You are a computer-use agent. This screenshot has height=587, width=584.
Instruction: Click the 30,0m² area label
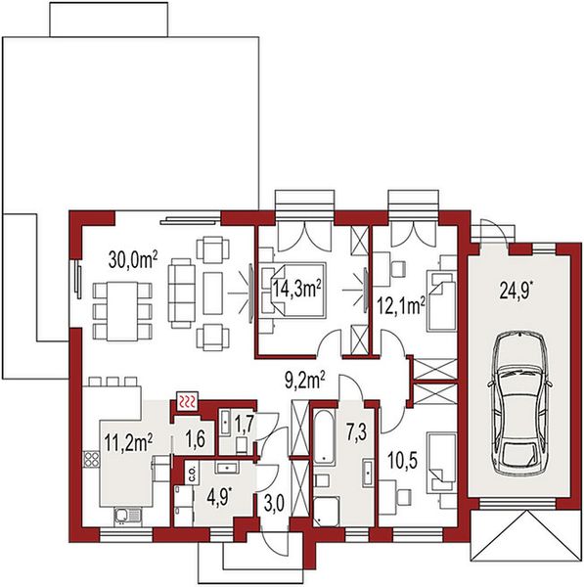click(133, 259)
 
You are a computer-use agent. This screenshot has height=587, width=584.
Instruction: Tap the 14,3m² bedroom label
click(296, 289)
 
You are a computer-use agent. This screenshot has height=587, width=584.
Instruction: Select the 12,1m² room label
click(400, 305)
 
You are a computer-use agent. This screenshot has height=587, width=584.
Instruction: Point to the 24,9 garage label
click(517, 290)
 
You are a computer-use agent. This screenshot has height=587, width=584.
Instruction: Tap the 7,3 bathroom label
click(356, 432)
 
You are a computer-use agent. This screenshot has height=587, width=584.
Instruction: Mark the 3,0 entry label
click(274, 504)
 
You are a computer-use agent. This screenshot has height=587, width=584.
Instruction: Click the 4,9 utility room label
click(218, 498)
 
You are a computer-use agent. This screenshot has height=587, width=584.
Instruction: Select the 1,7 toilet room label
click(245, 424)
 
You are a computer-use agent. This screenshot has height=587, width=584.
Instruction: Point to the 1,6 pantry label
click(196, 438)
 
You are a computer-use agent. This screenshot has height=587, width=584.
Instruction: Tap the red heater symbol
click(187, 402)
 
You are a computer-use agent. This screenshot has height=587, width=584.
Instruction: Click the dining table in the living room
click(122, 311)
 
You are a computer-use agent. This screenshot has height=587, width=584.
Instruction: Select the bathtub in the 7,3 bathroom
click(324, 437)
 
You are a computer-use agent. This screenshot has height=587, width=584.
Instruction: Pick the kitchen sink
click(127, 517)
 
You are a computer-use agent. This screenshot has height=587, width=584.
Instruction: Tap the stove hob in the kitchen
click(91, 460)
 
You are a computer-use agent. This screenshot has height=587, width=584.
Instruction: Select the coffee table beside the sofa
click(212, 293)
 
